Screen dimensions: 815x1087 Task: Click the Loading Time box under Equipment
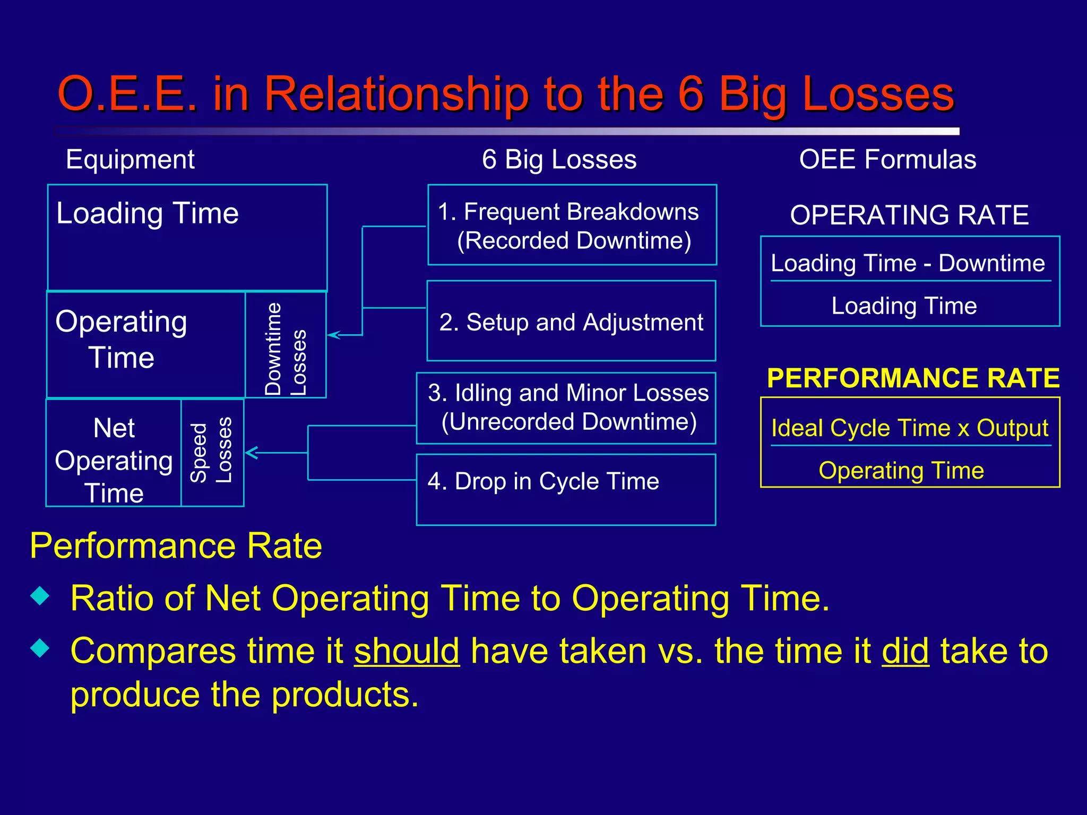point(187,237)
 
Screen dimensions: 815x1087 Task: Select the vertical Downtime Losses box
point(286,345)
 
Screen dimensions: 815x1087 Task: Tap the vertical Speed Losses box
point(212,453)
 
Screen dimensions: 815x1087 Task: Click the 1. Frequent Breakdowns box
point(572,226)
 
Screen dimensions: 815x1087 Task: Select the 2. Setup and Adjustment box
point(571,322)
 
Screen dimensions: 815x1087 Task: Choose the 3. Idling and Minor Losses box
point(566,407)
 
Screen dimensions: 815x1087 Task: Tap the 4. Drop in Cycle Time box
point(566,489)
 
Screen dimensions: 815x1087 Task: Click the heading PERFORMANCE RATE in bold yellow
point(913,378)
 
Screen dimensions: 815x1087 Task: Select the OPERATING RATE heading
point(909,215)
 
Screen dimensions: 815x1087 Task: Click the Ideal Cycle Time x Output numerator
point(910,428)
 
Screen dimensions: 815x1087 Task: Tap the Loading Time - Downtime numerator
point(908,263)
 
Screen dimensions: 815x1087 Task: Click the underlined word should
point(407,651)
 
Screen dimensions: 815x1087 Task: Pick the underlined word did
point(905,651)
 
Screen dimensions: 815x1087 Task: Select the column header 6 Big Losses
point(559,159)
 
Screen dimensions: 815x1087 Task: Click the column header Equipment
point(130,159)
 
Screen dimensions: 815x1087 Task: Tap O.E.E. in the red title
point(127,94)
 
